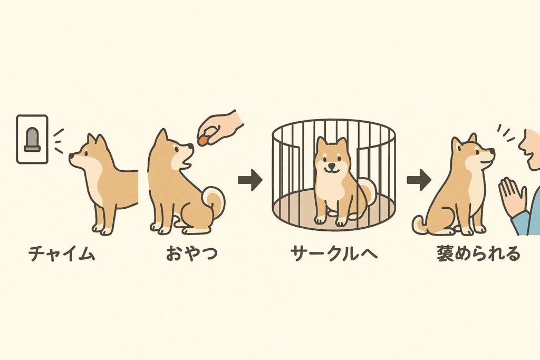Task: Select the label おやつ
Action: (x=192, y=254)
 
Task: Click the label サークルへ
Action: (x=334, y=254)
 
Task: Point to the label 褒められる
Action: (x=478, y=254)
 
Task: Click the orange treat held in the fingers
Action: (x=203, y=140)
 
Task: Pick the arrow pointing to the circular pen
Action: (x=250, y=180)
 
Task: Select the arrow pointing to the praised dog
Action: (x=419, y=180)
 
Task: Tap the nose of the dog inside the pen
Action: (x=331, y=164)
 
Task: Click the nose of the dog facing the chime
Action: (x=71, y=156)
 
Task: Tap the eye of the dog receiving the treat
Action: (x=176, y=150)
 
